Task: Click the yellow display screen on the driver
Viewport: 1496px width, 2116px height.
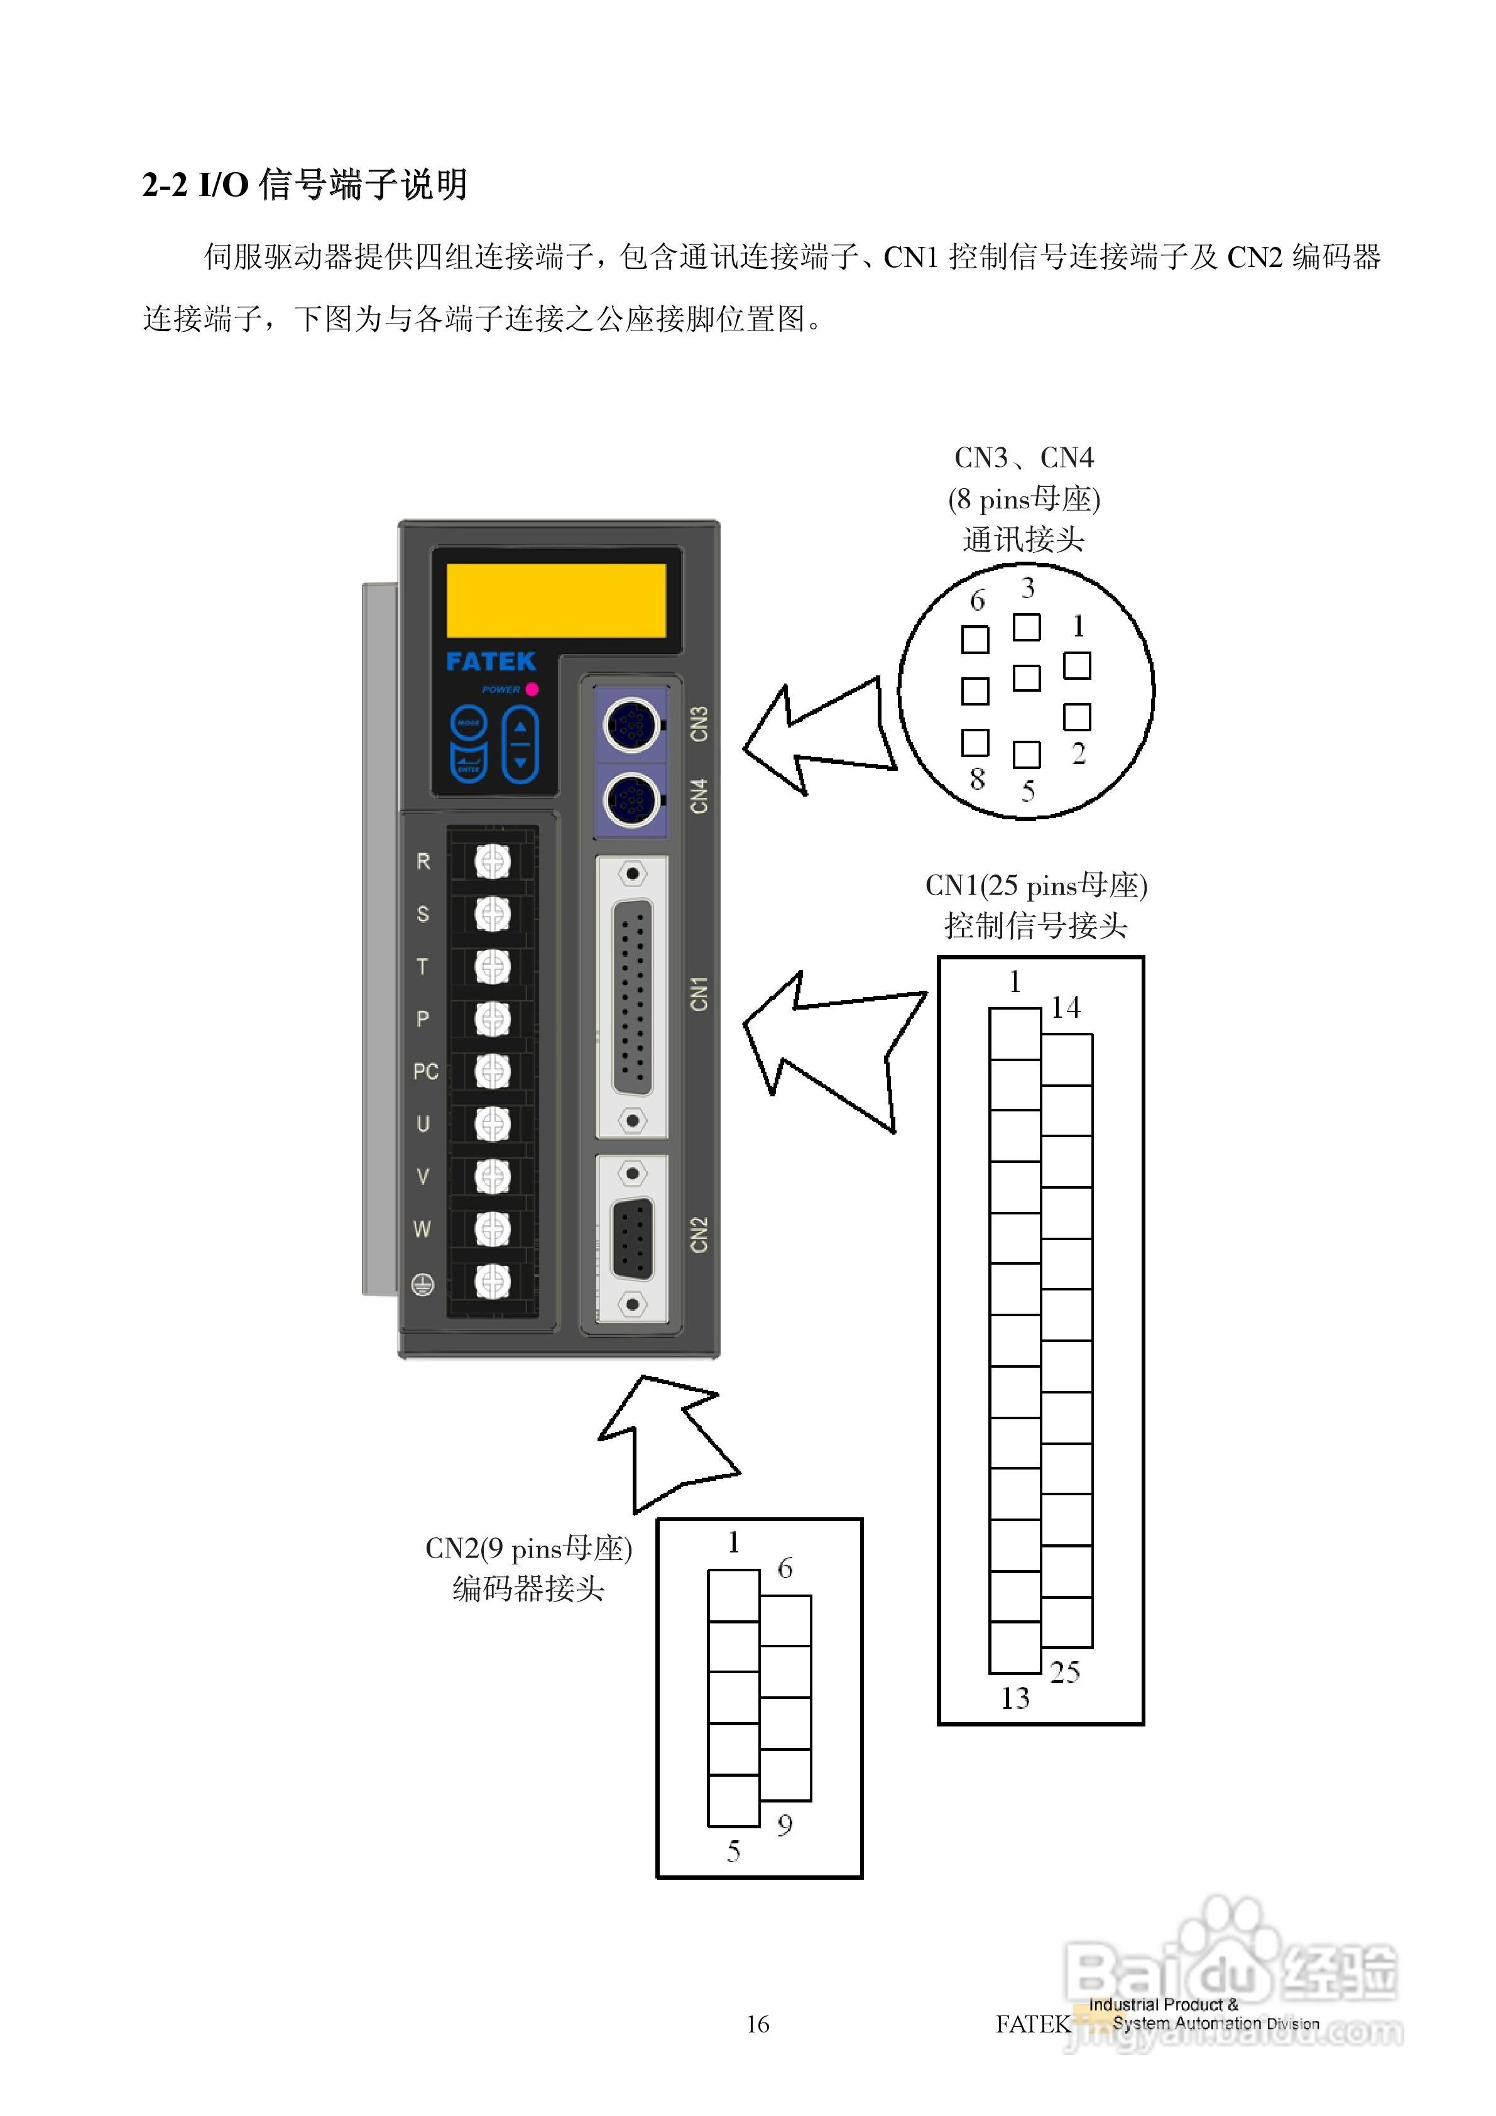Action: click(x=556, y=600)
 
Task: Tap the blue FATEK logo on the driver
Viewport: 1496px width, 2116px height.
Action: click(x=490, y=662)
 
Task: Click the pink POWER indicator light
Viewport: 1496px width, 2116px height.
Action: click(x=532, y=689)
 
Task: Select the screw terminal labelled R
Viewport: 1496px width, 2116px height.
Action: click(x=492, y=862)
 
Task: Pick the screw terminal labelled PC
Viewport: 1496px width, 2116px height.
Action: click(x=492, y=1071)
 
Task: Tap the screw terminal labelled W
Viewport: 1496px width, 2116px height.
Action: click(x=492, y=1228)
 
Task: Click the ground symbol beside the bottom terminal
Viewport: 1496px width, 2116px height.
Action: click(x=423, y=1284)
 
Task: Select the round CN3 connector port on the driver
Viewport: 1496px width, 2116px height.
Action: click(x=631, y=724)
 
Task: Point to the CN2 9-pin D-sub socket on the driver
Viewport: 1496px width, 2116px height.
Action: click(x=632, y=1239)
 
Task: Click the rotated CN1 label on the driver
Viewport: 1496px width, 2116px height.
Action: click(x=699, y=993)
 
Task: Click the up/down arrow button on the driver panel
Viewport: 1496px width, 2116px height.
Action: click(x=520, y=744)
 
